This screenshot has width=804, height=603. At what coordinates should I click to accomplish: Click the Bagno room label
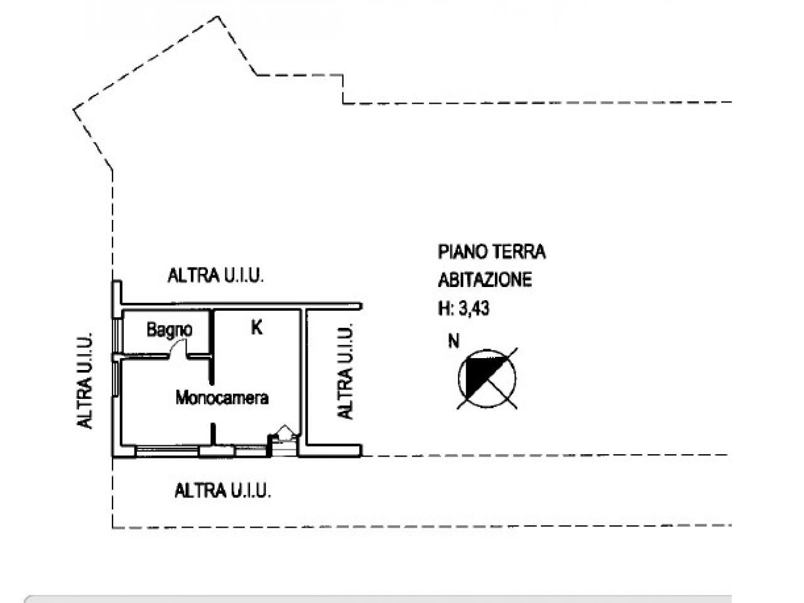pyautogui.click(x=169, y=330)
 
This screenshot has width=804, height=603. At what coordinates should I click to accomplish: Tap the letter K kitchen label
pyautogui.click(x=256, y=327)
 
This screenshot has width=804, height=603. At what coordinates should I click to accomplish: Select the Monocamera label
pyautogui.click(x=222, y=398)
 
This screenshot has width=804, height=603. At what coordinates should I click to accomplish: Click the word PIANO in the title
pyautogui.click(x=463, y=252)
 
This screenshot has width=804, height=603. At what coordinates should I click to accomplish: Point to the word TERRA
pyautogui.click(x=519, y=252)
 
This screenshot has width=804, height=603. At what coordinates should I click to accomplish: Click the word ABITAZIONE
pyautogui.click(x=485, y=280)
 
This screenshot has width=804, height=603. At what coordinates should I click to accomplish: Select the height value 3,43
pyautogui.click(x=474, y=308)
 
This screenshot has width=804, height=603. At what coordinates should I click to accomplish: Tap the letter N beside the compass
pyautogui.click(x=454, y=341)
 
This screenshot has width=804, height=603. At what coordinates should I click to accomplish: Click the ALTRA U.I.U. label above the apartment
pyautogui.click(x=215, y=275)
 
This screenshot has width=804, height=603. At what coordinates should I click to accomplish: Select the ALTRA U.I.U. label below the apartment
pyautogui.click(x=223, y=491)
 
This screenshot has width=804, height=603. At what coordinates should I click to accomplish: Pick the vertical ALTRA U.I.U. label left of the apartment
pyautogui.click(x=85, y=381)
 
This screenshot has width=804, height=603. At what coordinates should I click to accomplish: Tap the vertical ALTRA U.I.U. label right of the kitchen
pyautogui.click(x=345, y=371)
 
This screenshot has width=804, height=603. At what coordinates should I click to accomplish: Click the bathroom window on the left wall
pyautogui.click(x=116, y=335)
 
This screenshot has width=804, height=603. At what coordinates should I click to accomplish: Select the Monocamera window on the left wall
pyautogui.click(x=116, y=378)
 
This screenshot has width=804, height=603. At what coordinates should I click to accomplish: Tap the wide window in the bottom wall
pyautogui.click(x=167, y=451)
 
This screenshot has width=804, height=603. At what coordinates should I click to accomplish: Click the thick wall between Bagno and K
pyautogui.click(x=211, y=346)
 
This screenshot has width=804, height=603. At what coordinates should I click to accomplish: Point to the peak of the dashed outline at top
pyautogui.click(x=217, y=16)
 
